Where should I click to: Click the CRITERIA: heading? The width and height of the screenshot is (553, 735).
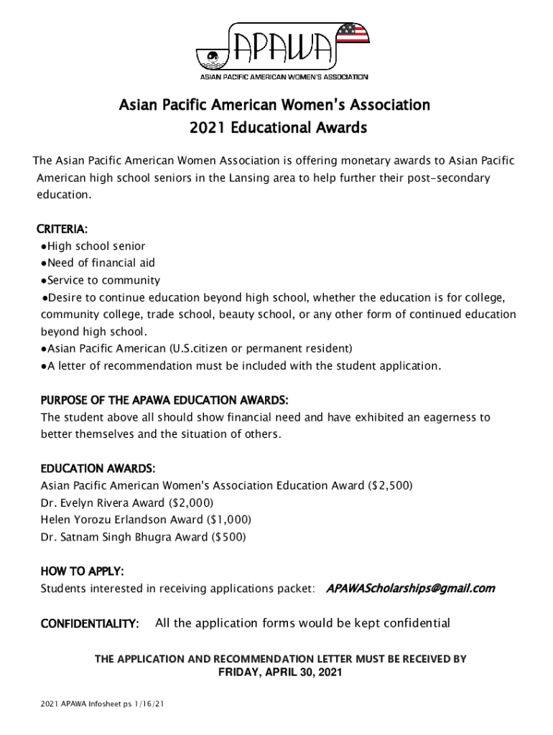point(62,230)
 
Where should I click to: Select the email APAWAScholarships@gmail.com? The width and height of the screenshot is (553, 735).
point(410,589)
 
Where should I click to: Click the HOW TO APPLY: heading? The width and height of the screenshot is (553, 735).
point(83,571)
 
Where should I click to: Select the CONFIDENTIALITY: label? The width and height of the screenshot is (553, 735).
point(90,624)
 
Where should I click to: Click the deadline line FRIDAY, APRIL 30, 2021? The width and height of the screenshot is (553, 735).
point(280,673)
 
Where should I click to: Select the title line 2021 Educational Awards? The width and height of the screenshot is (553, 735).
point(278,128)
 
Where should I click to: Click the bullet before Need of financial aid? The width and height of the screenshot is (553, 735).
point(44,263)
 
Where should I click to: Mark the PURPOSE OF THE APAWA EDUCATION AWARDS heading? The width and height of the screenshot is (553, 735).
point(164,399)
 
